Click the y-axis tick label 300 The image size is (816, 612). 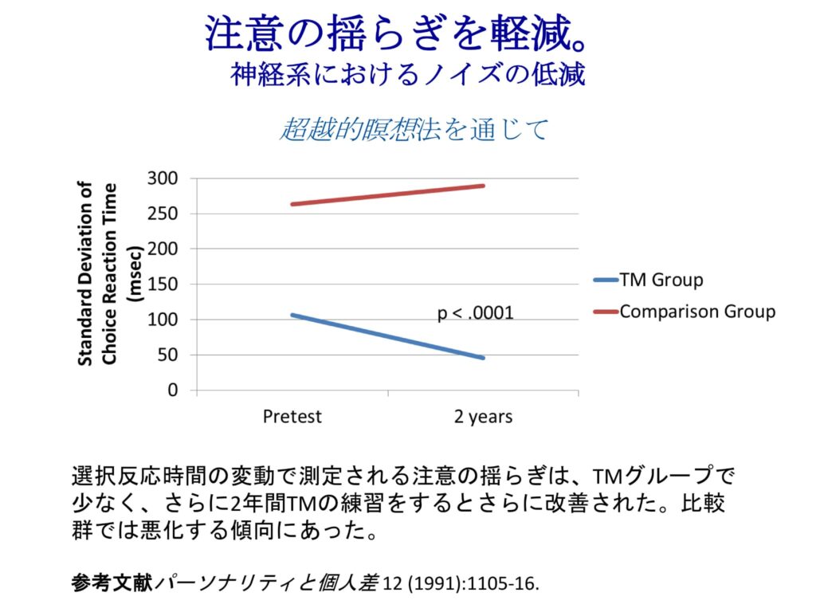point(163,178)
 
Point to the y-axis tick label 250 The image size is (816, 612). point(163,214)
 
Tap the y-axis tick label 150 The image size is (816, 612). point(163,284)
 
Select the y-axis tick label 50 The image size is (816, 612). point(167,355)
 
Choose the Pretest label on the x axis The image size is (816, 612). point(292,417)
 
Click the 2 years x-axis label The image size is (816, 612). point(484,417)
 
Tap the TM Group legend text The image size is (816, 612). point(661,280)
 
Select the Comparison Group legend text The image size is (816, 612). point(697,311)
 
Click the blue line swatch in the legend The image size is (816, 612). point(605,280)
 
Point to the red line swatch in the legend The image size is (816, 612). point(605,312)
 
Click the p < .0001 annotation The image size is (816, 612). point(476,314)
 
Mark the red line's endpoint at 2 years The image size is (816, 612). point(484,186)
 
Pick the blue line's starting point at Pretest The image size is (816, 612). point(292,315)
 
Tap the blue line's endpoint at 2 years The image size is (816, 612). point(484,358)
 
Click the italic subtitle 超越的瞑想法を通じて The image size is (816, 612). point(414,129)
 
